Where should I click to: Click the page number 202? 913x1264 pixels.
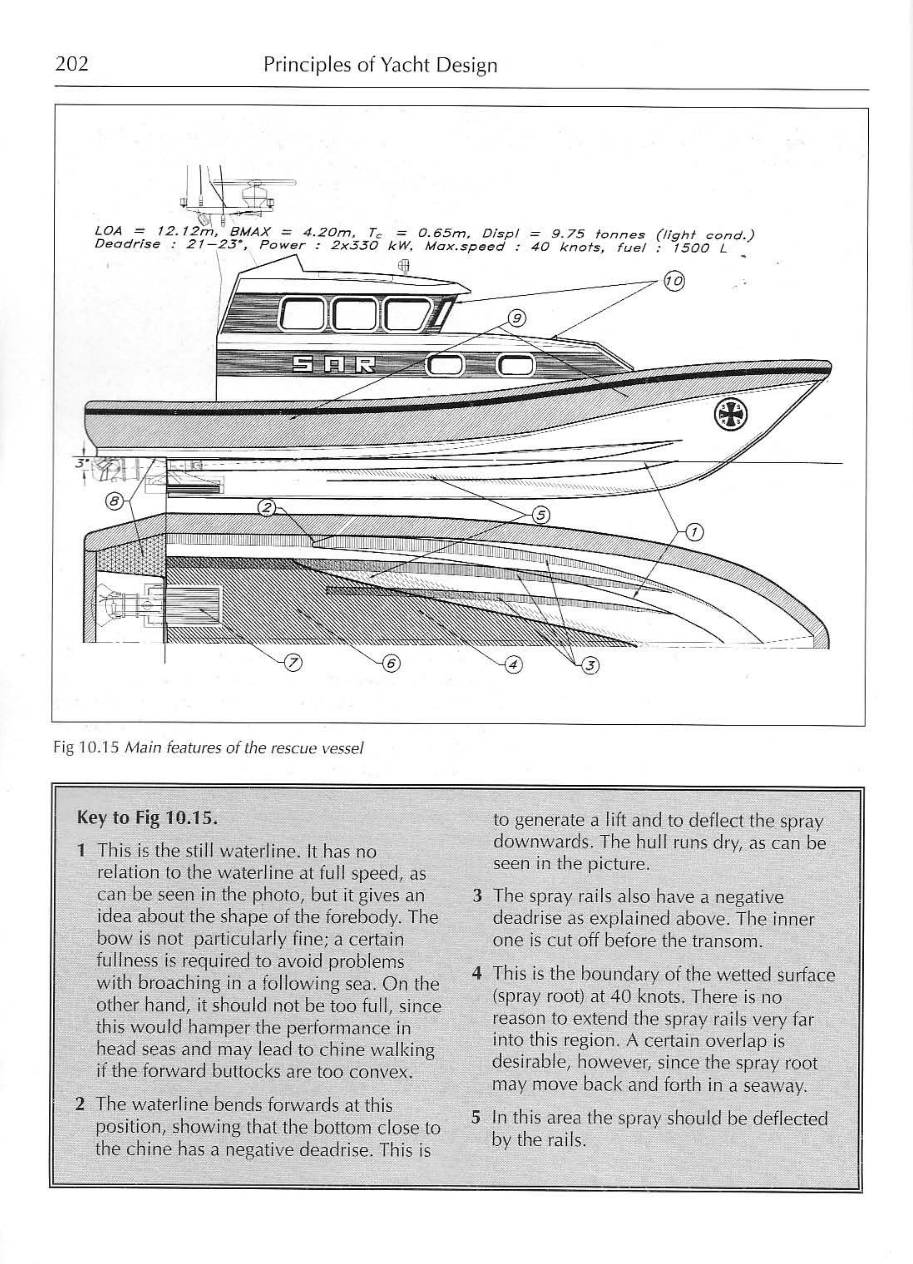[x=72, y=64]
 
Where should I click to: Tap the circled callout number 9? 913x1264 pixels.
[x=516, y=318]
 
